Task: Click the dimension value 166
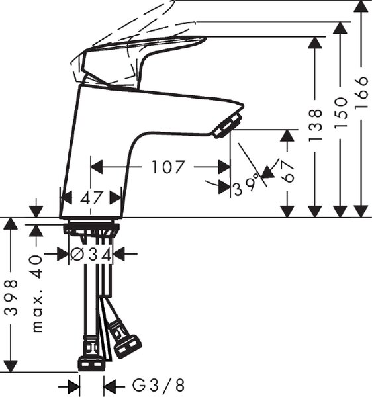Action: pos(361,93)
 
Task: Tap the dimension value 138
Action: pos(315,125)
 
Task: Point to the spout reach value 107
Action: pos(167,167)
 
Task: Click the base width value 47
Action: pos(91,197)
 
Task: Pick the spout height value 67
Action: pos(287,172)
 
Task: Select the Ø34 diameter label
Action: pos(91,254)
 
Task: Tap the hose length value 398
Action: pos(12,298)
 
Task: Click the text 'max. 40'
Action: pos(37,294)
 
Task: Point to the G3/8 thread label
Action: pos(158,386)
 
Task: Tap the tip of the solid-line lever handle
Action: pos(206,39)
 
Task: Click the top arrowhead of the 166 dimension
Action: pos(361,6)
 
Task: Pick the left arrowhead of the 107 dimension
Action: pos(97,167)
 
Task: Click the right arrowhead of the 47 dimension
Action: pos(115,197)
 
